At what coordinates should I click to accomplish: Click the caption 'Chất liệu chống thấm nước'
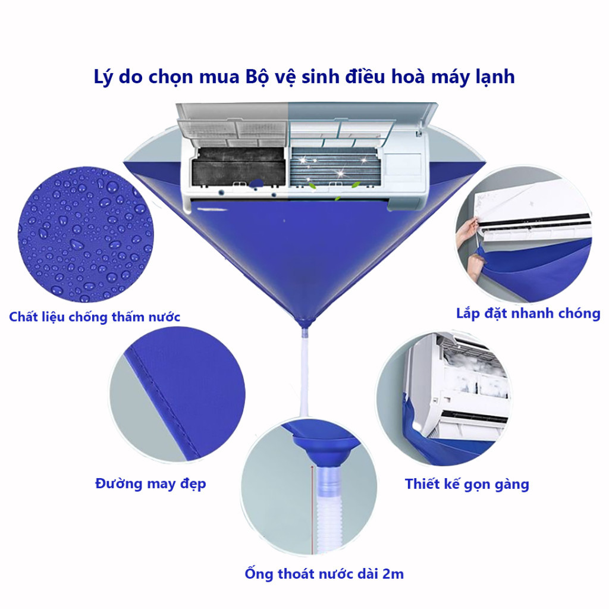[95, 318]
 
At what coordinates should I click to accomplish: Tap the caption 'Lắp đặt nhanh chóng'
[528, 313]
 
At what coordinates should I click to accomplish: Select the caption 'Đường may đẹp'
[150, 484]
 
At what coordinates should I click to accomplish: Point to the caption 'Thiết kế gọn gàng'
[467, 484]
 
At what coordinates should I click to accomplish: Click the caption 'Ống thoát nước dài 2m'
[324, 574]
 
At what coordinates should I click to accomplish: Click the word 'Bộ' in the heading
[258, 77]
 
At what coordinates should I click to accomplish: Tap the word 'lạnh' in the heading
[495, 77]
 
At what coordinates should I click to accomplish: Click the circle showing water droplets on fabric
[86, 234]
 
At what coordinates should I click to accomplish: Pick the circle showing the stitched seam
[177, 394]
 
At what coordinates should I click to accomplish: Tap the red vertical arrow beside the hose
[311, 508]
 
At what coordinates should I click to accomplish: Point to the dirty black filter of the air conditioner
[238, 167]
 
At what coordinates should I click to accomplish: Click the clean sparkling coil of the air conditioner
[335, 166]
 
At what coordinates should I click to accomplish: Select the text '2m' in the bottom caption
[393, 574]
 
